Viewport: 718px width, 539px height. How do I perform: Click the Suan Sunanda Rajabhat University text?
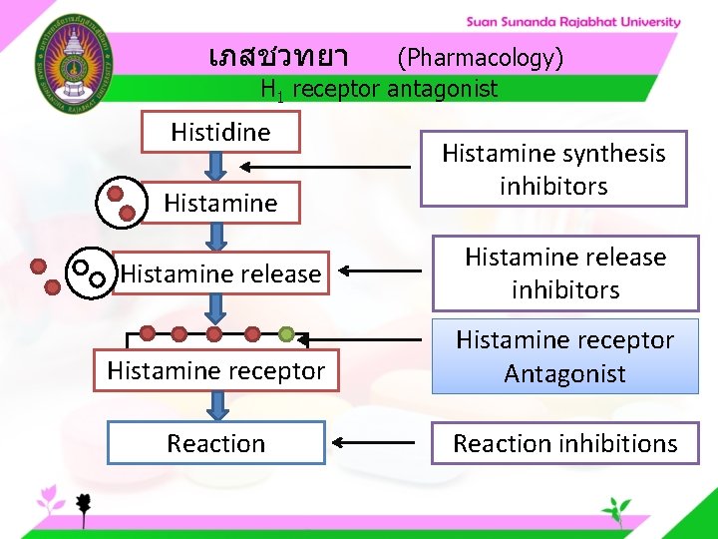(573, 22)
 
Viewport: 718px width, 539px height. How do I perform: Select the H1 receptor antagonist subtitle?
(378, 90)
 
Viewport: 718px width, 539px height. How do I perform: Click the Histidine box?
(220, 132)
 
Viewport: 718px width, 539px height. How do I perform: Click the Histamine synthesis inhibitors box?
(553, 169)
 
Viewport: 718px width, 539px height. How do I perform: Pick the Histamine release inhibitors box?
(564, 273)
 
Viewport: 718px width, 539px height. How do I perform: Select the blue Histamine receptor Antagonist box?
(564, 356)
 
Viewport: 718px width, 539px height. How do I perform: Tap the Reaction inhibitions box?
(564, 443)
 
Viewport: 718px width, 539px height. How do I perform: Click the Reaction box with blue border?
(216, 443)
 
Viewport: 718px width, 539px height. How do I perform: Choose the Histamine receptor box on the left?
(216, 371)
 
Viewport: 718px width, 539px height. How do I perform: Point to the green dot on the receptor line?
(286, 333)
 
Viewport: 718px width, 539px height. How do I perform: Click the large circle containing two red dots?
(120, 202)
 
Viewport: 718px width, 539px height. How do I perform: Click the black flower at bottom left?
(85, 504)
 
